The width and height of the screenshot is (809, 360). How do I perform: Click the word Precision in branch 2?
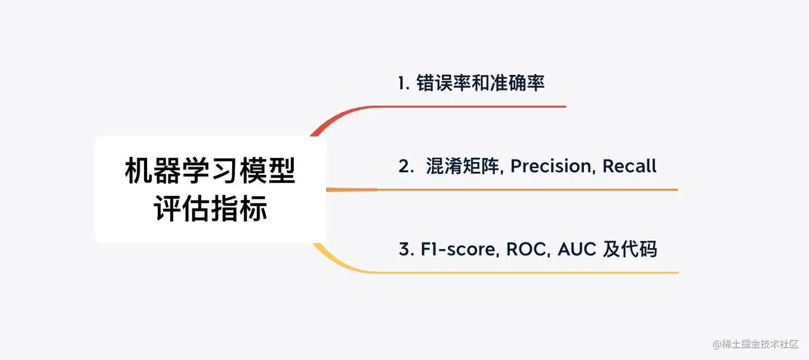pos(551,166)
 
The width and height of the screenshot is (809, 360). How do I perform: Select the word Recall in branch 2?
pos(629,166)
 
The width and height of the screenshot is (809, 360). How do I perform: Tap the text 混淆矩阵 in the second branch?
pos(463,166)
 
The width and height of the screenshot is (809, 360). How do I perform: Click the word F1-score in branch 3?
pos(458,249)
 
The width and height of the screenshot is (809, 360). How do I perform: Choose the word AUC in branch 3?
pos(577,249)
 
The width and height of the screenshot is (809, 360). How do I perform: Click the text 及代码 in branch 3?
pos(630,249)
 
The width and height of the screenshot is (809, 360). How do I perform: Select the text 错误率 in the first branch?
pos(444,83)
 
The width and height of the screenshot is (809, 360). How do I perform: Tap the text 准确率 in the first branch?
pos(517,83)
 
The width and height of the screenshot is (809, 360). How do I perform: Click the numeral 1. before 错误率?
pos(404,83)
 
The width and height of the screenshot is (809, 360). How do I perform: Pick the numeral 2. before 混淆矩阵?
pos(406,166)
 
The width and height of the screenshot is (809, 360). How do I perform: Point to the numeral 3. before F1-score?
pos(406,249)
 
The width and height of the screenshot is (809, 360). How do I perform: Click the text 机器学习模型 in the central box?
pos(210,171)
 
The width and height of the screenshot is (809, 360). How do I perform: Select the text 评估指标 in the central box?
pos(210,209)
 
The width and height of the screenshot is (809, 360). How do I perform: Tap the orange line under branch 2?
pos(502,189)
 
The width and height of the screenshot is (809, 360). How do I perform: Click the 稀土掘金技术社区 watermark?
pos(755,344)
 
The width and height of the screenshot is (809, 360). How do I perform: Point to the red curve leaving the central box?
pos(336,116)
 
